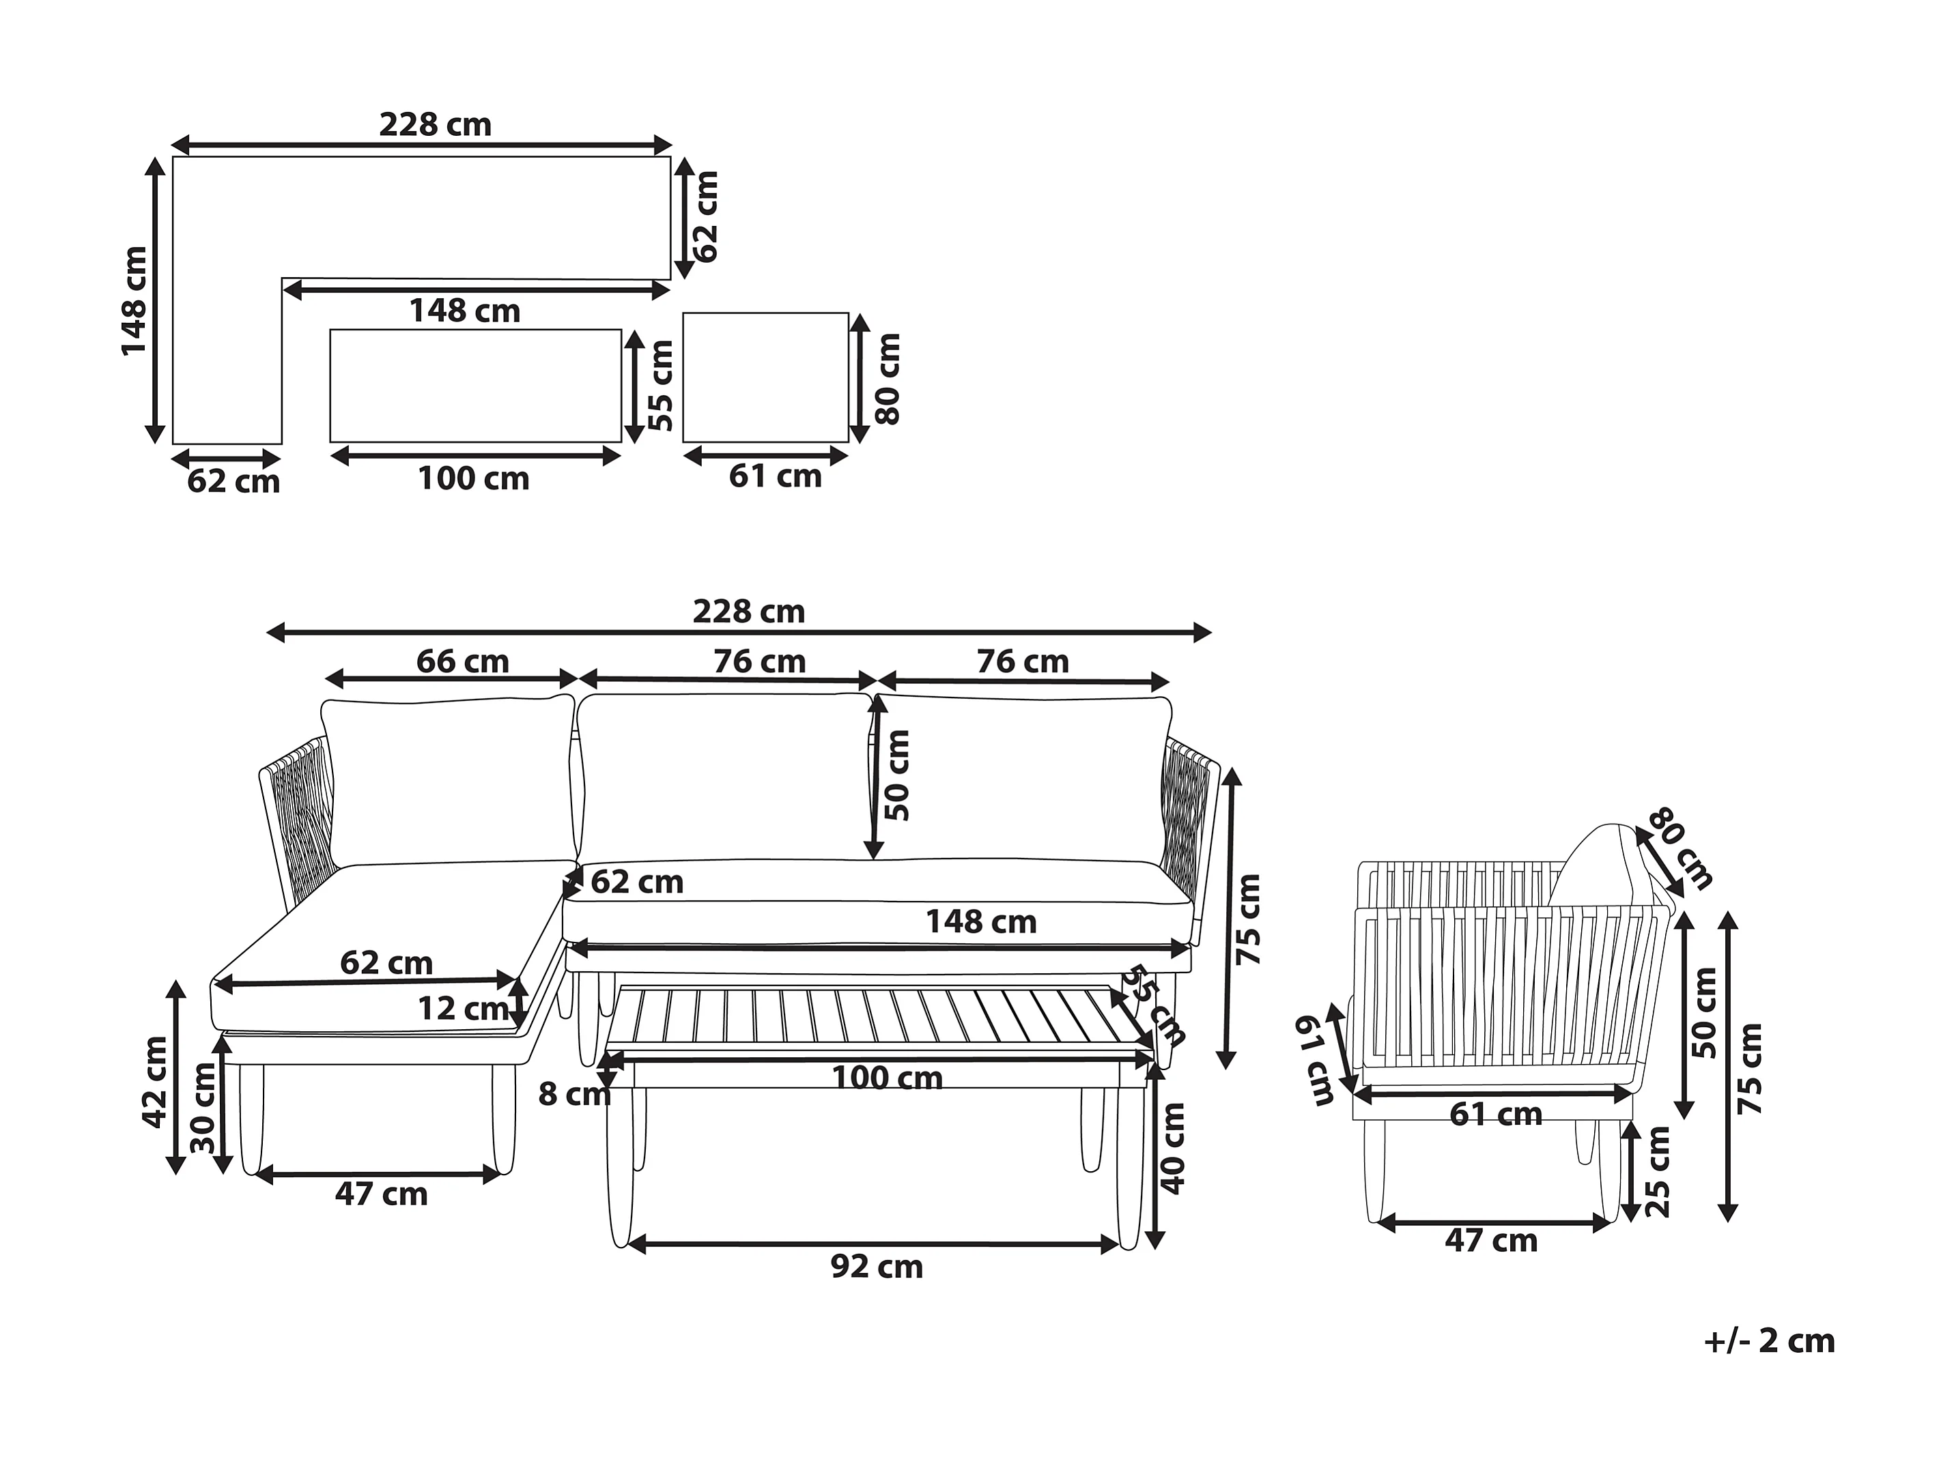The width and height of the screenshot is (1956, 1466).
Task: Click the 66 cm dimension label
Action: click(462, 661)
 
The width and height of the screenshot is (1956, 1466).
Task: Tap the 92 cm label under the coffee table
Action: click(877, 1267)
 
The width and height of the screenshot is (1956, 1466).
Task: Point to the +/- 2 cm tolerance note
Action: click(1768, 1340)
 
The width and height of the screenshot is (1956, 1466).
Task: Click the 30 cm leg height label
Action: click(204, 1107)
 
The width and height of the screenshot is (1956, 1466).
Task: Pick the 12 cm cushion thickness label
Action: click(462, 1008)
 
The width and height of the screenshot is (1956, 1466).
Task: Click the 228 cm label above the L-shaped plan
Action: click(435, 125)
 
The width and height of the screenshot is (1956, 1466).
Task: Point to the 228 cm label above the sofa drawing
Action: click(748, 611)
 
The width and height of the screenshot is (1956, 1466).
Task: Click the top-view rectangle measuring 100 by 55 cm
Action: click(476, 386)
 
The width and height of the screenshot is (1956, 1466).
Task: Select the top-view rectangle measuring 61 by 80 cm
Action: click(766, 377)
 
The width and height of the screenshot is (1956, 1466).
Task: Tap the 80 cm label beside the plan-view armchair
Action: click(887, 378)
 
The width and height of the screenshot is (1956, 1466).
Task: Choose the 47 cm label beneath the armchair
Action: click(1491, 1241)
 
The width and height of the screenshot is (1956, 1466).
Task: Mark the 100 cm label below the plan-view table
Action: click(473, 478)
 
